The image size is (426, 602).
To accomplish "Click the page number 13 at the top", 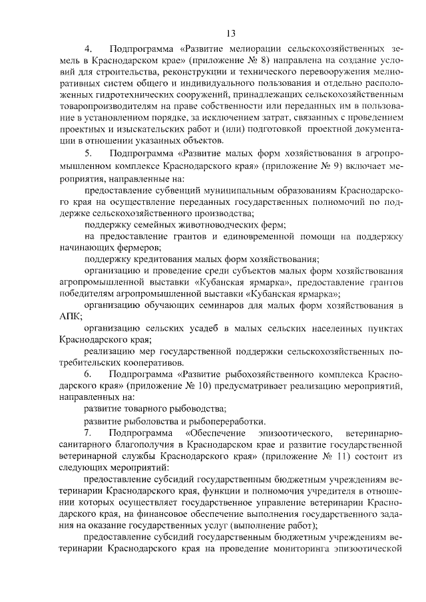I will (x=231, y=33).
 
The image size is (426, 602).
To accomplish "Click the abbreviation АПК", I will (x=71, y=316).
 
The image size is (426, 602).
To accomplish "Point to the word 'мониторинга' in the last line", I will (x=300, y=549).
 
